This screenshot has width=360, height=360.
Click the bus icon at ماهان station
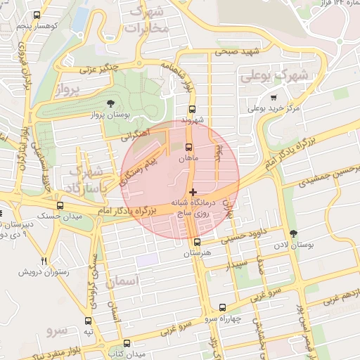188,148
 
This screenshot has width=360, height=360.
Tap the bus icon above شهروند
193,109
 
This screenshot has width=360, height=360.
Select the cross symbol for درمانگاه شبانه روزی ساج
193,191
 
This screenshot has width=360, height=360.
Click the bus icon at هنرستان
197,242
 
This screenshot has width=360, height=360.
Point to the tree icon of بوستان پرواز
110,103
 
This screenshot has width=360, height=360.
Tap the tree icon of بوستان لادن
293,233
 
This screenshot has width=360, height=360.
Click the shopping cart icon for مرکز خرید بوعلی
274,98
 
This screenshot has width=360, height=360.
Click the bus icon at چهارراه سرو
223,307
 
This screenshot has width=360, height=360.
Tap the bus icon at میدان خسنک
60,206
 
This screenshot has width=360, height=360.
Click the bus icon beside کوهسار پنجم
37,15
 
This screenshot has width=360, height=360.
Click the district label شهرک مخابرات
146,20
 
